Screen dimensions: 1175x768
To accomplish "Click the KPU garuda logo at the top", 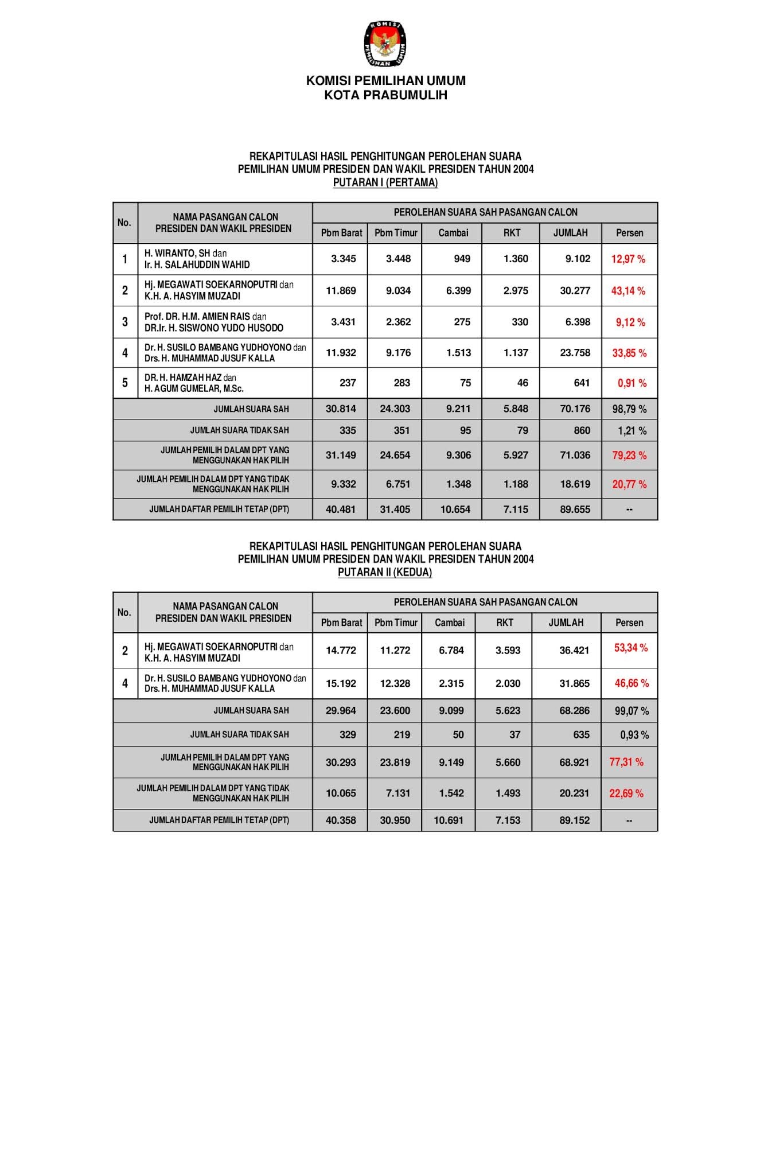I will pyautogui.click(x=385, y=44).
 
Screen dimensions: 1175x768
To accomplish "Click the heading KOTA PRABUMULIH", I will pyautogui.click(x=385, y=95).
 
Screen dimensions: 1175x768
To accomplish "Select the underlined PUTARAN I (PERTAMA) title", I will pyautogui.click(x=385, y=182).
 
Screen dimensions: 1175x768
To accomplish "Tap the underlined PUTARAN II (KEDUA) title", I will pyautogui.click(x=385, y=572).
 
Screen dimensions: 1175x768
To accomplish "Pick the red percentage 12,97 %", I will pyautogui.click(x=628, y=259).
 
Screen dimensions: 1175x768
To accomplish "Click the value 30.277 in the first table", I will pyautogui.click(x=575, y=291).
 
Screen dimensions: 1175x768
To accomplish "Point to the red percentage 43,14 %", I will pyautogui.click(x=628, y=291).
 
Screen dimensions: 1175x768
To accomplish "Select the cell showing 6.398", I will pyautogui.click(x=578, y=322).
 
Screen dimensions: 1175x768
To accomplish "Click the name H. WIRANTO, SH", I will pyautogui.click(x=177, y=253).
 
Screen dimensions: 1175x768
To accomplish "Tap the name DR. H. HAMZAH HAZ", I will pyautogui.click(x=183, y=378).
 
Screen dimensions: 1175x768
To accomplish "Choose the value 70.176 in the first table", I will pyautogui.click(x=575, y=409).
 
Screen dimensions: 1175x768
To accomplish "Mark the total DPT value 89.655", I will pyautogui.click(x=575, y=509).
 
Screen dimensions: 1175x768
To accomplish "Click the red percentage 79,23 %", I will pyautogui.click(x=629, y=456).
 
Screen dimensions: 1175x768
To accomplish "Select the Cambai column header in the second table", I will pyautogui.click(x=450, y=622).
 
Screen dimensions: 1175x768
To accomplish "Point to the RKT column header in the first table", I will pyautogui.click(x=512, y=233).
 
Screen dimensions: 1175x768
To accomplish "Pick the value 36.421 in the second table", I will pyautogui.click(x=574, y=651).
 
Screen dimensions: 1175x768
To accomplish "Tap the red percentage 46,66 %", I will pyautogui.click(x=631, y=683).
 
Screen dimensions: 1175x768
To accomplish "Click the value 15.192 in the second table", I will pyautogui.click(x=341, y=684).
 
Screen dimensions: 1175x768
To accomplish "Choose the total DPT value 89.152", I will pyautogui.click(x=574, y=820).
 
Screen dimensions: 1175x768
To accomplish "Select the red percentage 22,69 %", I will pyautogui.click(x=626, y=793).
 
